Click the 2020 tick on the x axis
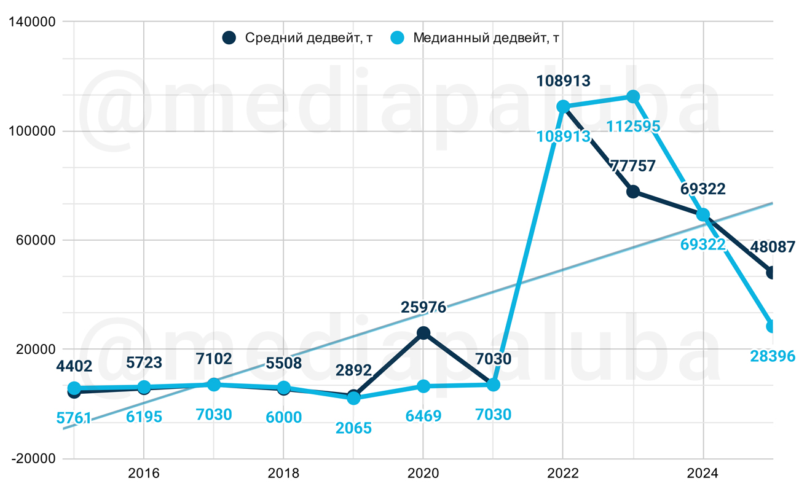[x=423, y=474]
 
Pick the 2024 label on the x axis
[x=703, y=474]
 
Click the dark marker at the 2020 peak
[x=423, y=333]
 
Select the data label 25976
[x=423, y=307]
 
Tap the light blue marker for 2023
[x=633, y=96]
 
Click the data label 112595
[x=633, y=127]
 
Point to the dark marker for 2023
[x=633, y=192]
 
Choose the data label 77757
[x=632, y=166]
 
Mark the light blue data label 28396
[x=773, y=356]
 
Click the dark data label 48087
[x=773, y=247]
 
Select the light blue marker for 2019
[x=353, y=398]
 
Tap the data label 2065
[x=353, y=428]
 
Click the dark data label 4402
[x=74, y=367]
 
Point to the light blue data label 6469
[x=423, y=416]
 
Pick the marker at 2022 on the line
[x=563, y=107]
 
